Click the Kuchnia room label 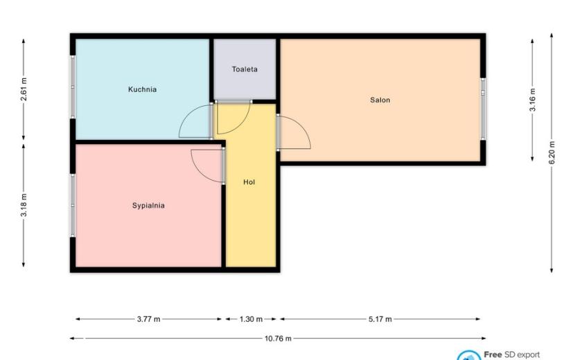(142, 89)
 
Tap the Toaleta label (245, 69)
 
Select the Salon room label (380, 100)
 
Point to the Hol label (249, 182)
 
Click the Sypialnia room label (148, 206)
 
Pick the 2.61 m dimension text (24, 89)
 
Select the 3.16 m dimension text (533, 100)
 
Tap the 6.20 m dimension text (552, 152)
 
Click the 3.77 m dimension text (148, 319)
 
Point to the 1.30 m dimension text (251, 319)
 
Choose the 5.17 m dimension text (380, 319)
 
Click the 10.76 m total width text (278, 339)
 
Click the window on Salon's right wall (483, 109)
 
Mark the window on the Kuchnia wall (73, 87)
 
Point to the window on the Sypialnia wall (73, 206)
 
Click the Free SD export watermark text (511, 355)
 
